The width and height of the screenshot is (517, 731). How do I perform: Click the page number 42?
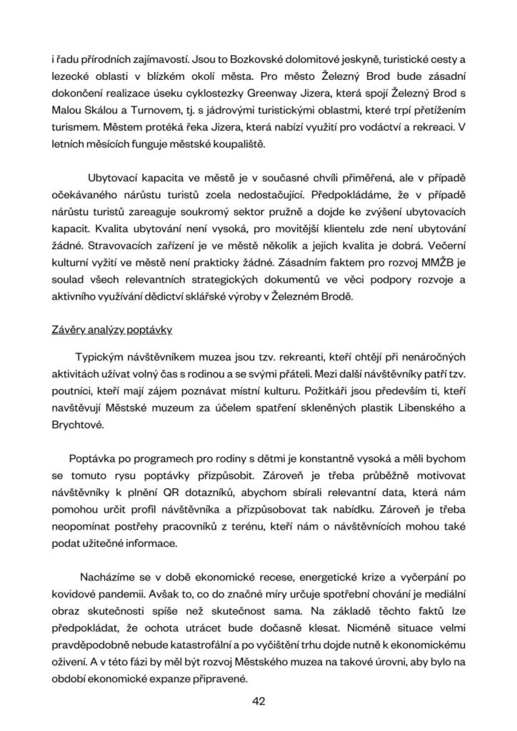258,700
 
